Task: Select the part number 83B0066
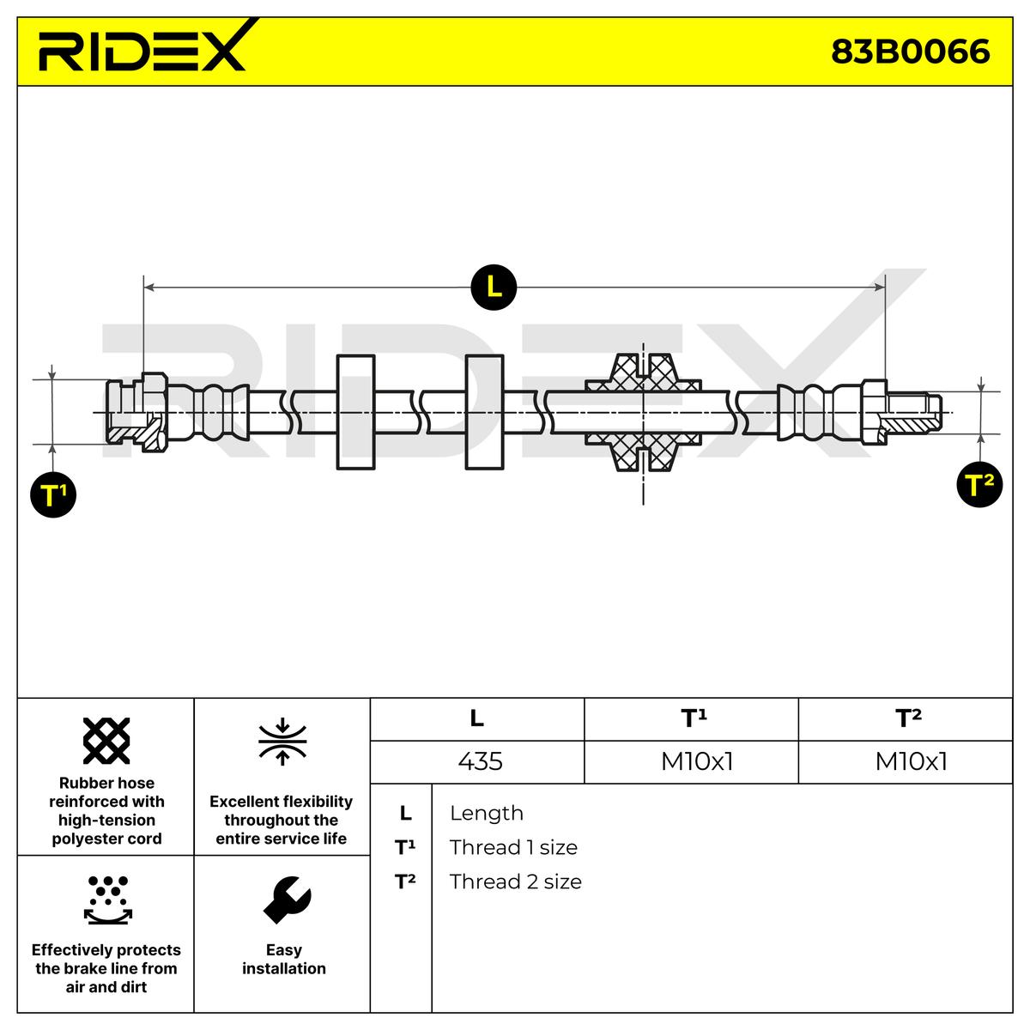pos(910,52)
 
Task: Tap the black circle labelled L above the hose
pos(494,287)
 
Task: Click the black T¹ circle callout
pos(53,495)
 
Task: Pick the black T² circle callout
pos(979,485)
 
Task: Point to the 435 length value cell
pos(480,761)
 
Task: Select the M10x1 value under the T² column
pos(911,761)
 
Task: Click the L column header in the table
pos(477,718)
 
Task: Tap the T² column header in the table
pos(908,718)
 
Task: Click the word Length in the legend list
pos(486,813)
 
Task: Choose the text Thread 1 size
pos(513,847)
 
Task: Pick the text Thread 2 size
pos(515,882)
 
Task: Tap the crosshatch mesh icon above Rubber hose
pos(106,741)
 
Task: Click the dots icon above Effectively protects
pos(107,899)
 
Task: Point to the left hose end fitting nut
pos(153,412)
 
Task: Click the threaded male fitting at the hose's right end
pos(912,412)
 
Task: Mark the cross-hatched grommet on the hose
pos(643,413)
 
